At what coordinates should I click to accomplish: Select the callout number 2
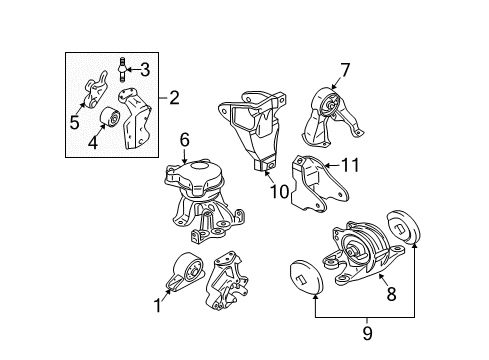point(175,97)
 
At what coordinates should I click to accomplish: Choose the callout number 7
point(345,69)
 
